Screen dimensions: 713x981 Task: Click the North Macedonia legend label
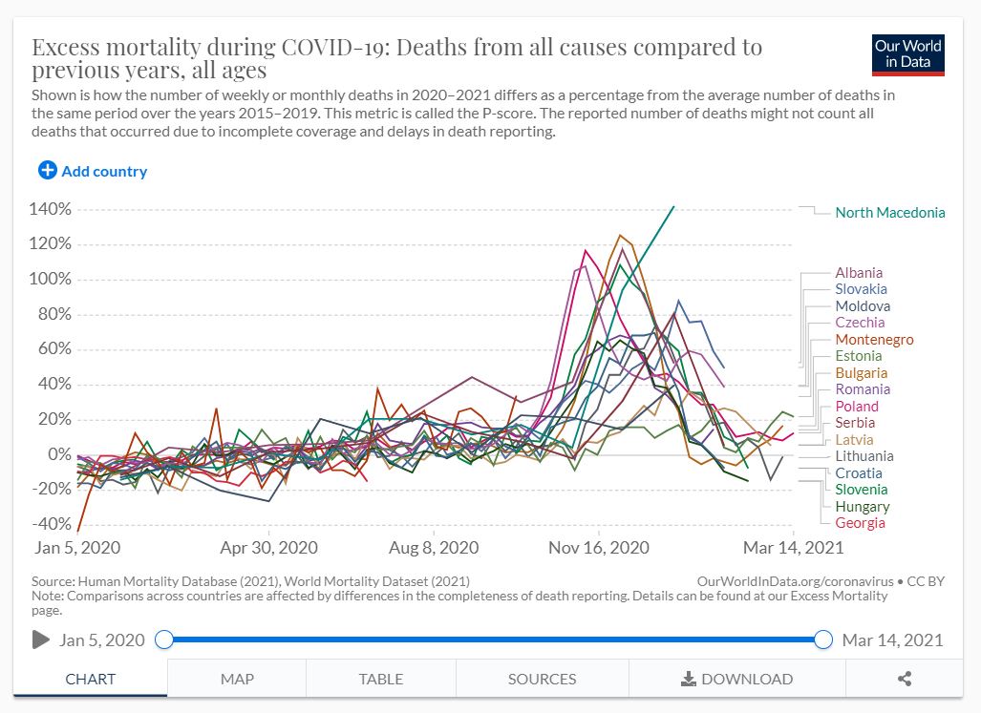tap(889, 213)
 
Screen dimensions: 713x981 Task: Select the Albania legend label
tap(859, 273)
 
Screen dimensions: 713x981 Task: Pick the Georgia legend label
tap(860, 523)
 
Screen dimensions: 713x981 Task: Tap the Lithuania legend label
tap(864, 456)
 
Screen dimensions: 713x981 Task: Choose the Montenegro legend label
tap(874, 340)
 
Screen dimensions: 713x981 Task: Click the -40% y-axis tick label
tap(52, 524)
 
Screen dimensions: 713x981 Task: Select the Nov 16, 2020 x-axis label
tap(599, 548)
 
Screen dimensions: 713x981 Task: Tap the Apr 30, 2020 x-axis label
tap(269, 548)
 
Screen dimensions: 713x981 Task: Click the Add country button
tap(93, 171)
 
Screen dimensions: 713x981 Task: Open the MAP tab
tap(237, 680)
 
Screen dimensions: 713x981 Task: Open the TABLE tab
tap(380, 680)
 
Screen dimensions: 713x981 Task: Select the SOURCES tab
tap(542, 680)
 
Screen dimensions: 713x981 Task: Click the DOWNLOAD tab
tap(736, 680)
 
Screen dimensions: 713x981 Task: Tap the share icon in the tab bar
tap(905, 680)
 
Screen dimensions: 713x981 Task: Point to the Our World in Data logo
tap(908, 54)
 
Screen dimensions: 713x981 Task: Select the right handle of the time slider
tap(823, 640)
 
